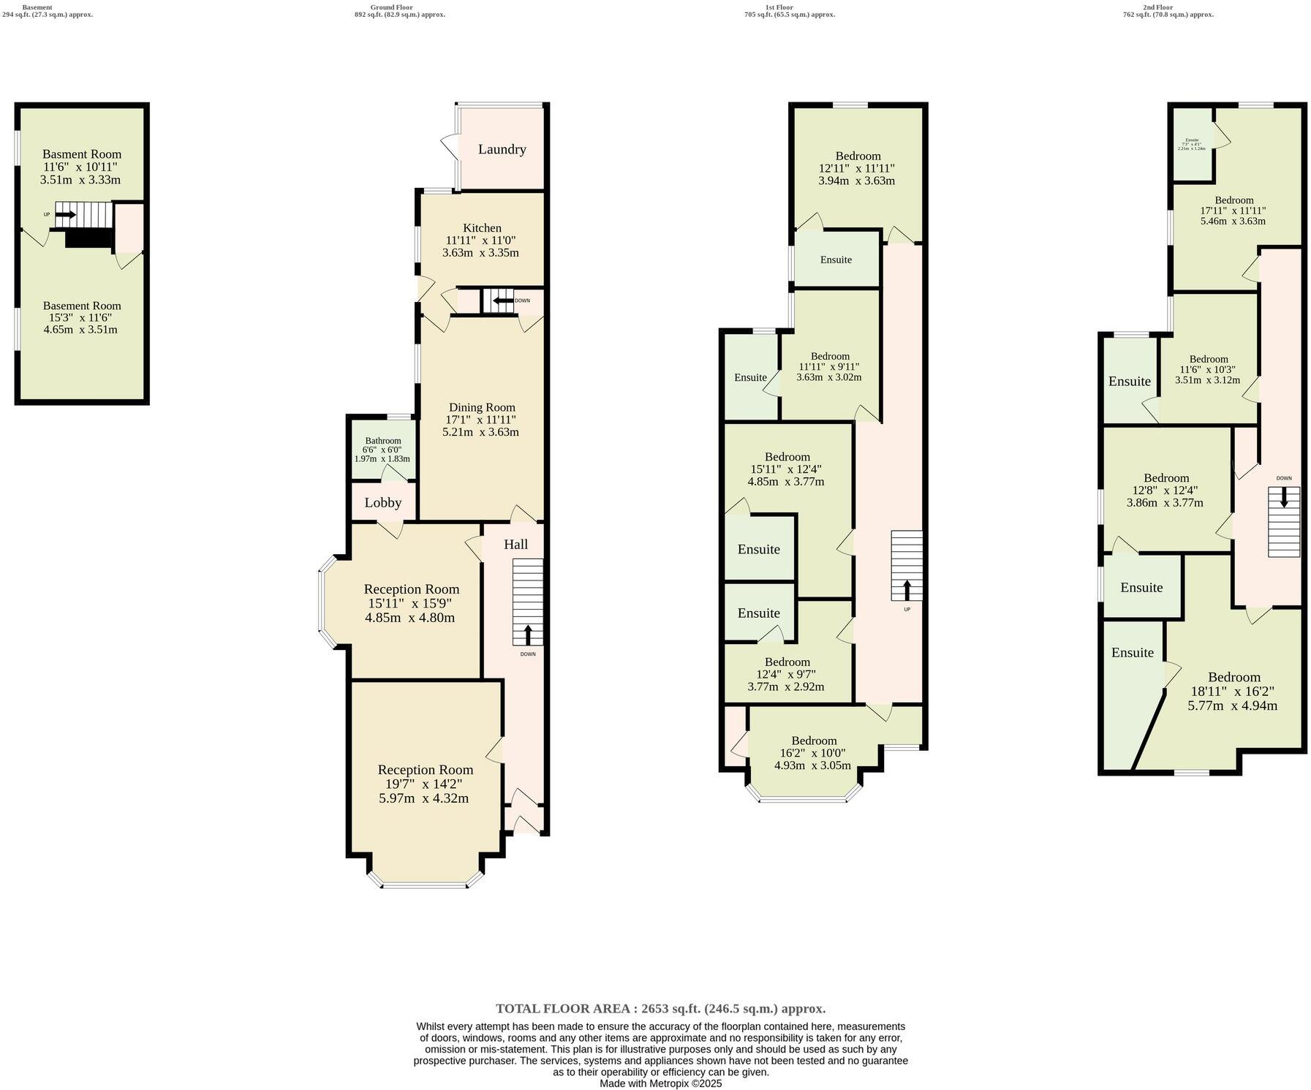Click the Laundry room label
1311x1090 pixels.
502,149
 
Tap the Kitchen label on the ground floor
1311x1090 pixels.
482,228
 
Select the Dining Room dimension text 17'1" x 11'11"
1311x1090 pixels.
480,420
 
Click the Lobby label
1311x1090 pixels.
383,503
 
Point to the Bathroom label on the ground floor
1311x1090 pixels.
383,441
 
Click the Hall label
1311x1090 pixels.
515,545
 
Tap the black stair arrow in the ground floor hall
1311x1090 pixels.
528,634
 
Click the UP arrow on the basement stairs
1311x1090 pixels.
65,215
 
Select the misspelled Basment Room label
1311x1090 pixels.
82,154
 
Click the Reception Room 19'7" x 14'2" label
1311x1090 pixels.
425,770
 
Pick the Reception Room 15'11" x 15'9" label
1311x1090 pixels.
412,589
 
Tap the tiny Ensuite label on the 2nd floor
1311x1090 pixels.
1192,140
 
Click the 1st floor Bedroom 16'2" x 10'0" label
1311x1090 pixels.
814,741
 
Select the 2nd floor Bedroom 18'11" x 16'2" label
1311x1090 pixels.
1234,677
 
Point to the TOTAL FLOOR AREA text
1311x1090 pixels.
660,1009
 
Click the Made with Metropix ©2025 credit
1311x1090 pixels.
660,1083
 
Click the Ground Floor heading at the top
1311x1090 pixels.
391,7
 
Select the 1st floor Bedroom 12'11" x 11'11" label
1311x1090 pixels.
858,156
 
